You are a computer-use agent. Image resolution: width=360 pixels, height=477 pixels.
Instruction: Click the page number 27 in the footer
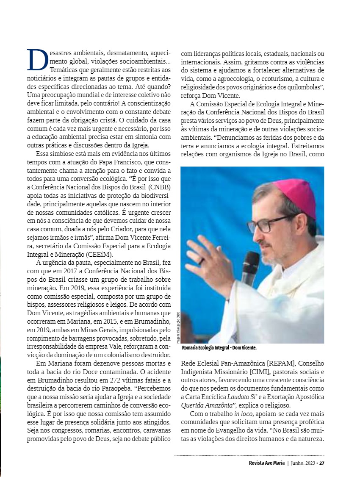pos(322,463)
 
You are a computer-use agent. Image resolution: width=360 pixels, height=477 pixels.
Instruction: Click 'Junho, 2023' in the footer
pos(303,463)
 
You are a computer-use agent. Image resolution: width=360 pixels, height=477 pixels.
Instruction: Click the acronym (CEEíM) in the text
pos(100,254)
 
